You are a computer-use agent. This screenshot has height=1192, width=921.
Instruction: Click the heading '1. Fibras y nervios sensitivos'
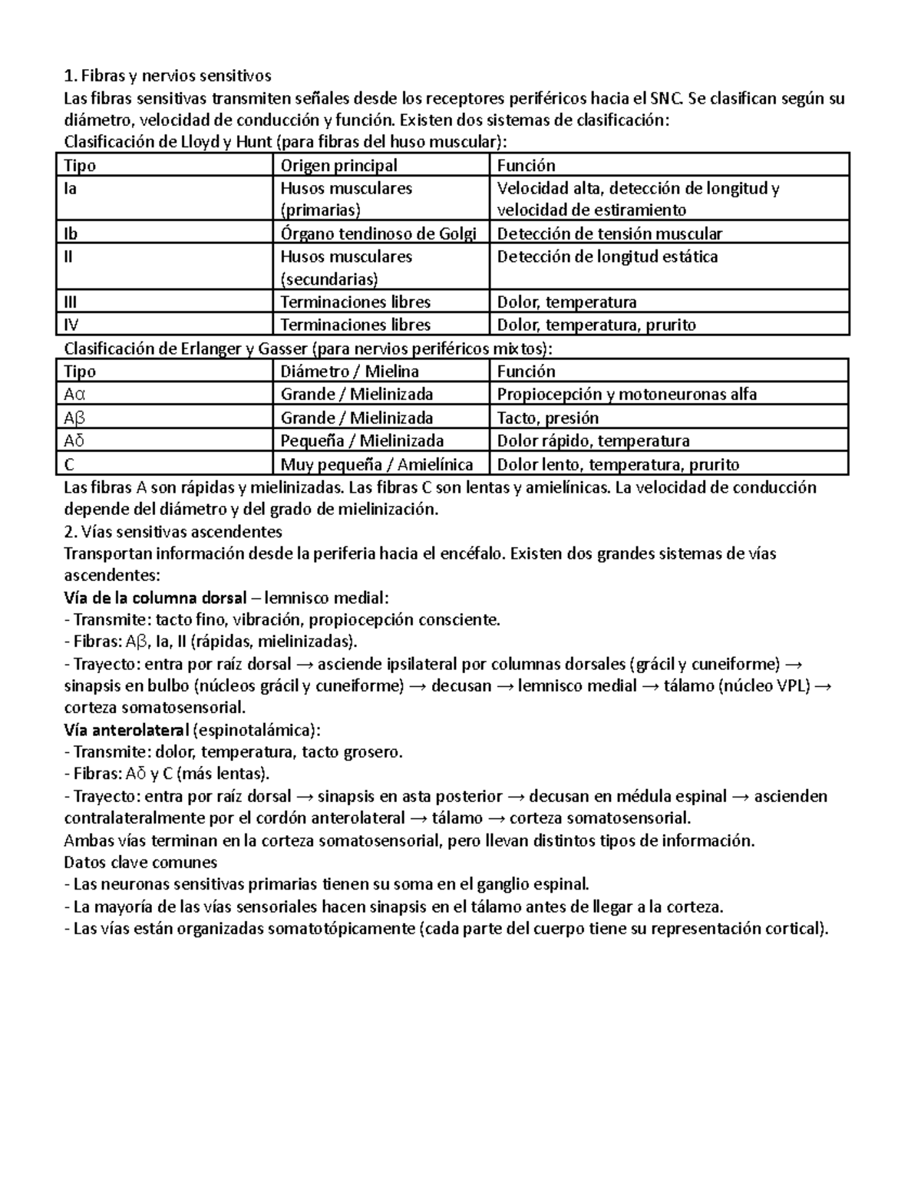click(167, 76)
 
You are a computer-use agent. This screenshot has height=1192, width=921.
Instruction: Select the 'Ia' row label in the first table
click(71, 188)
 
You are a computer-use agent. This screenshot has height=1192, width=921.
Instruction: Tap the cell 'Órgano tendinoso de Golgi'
click(378, 233)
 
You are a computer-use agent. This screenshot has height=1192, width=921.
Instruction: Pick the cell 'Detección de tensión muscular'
click(609, 233)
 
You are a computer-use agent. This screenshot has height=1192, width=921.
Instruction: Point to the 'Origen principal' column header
click(338, 165)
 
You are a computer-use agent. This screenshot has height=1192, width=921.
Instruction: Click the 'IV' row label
click(71, 325)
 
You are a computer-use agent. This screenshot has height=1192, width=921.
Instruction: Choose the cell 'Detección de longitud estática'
click(607, 256)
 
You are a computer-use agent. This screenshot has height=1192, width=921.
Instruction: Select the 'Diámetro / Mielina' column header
click(349, 371)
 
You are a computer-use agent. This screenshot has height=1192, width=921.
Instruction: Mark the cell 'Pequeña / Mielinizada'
click(361, 441)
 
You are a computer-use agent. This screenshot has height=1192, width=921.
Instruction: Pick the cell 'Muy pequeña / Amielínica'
click(376, 464)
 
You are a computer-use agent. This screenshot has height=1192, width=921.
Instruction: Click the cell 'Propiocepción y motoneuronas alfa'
click(626, 395)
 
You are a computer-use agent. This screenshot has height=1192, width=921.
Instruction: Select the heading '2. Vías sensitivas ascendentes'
click(173, 531)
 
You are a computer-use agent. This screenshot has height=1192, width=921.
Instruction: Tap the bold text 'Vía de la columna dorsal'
click(155, 598)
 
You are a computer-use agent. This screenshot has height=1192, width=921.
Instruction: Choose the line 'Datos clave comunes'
click(140, 862)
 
